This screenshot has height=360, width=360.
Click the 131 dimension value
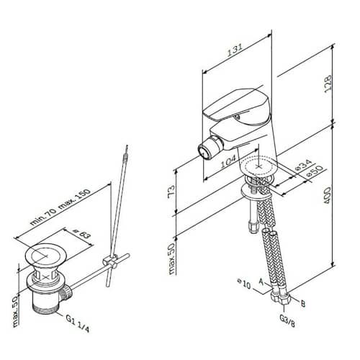pyautogui.click(x=235, y=50)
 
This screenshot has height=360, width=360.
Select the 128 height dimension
pyautogui.click(x=328, y=84)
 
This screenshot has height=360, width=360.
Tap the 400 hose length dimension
pyautogui.click(x=327, y=195)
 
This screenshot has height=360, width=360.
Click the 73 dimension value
pyautogui.click(x=171, y=192)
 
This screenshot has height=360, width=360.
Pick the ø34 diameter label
pyautogui.click(x=303, y=165)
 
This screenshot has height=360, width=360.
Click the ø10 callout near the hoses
pyautogui.click(x=244, y=284)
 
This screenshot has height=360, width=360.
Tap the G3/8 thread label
pyautogui.click(x=287, y=321)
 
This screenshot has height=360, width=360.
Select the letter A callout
pyautogui.click(x=261, y=282)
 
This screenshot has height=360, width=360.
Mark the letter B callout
pyautogui.click(x=303, y=304)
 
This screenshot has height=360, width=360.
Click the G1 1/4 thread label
pyautogui.click(x=78, y=323)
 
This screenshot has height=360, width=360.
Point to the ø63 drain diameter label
pyautogui.click(x=82, y=233)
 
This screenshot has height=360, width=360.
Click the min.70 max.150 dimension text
pyautogui.click(x=60, y=207)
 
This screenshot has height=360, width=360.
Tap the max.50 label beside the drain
pyautogui.click(x=15, y=311)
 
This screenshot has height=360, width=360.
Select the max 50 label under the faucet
pyautogui.click(x=171, y=259)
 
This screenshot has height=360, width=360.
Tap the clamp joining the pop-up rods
pyautogui.click(x=110, y=261)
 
